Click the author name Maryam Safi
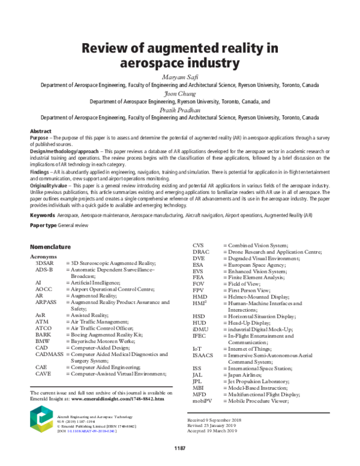[x=179, y=77]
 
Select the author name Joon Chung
[x=179, y=94]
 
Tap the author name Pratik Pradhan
[x=179, y=110]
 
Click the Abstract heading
[x=41, y=131]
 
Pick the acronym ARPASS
[x=46, y=303]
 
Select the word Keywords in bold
[x=42, y=214]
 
